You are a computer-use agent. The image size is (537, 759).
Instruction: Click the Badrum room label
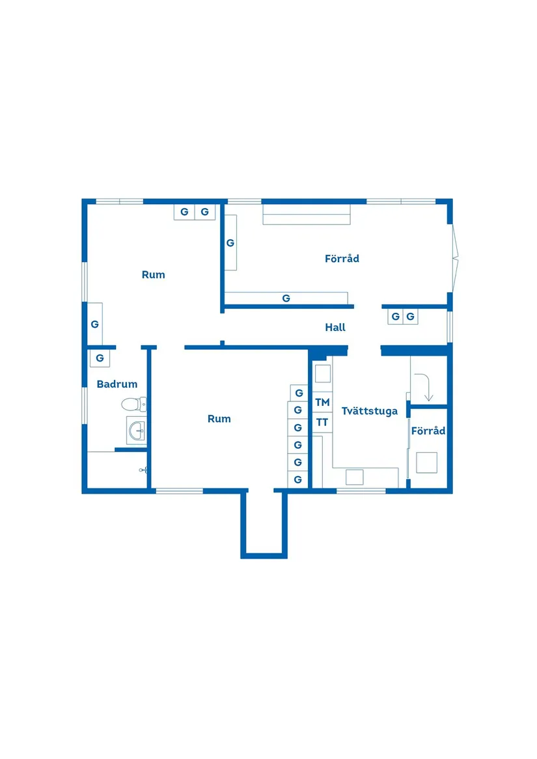click(117, 384)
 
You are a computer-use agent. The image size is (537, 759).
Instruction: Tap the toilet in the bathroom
click(133, 405)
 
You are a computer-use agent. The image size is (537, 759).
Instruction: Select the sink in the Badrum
click(137, 430)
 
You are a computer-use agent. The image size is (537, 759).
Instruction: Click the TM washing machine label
click(322, 403)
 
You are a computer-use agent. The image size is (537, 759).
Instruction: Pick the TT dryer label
click(322, 422)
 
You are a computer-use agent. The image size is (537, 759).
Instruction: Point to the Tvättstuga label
click(369, 411)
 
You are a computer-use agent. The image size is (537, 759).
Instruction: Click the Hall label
click(335, 328)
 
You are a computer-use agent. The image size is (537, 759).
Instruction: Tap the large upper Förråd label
click(342, 259)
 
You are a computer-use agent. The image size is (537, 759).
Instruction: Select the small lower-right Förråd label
click(428, 431)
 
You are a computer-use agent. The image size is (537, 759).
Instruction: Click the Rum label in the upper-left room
click(154, 275)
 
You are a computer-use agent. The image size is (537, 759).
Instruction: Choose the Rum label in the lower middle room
click(219, 419)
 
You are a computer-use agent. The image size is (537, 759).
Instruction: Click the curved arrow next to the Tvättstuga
click(426, 386)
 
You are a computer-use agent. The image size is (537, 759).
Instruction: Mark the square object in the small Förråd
click(427, 462)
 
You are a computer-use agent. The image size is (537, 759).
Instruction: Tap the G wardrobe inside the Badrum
click(100, 358)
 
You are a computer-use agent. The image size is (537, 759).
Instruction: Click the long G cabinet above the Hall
click(286, 299)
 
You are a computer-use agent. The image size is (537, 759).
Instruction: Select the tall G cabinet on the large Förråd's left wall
click(230, 243)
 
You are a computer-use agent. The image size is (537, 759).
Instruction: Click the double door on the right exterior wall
click(455, 260)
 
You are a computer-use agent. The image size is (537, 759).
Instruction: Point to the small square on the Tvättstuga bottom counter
click(355, 477)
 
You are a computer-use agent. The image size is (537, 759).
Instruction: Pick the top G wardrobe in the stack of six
click(298, 393)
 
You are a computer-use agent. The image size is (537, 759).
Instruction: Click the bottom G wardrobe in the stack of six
click(298, 479)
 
